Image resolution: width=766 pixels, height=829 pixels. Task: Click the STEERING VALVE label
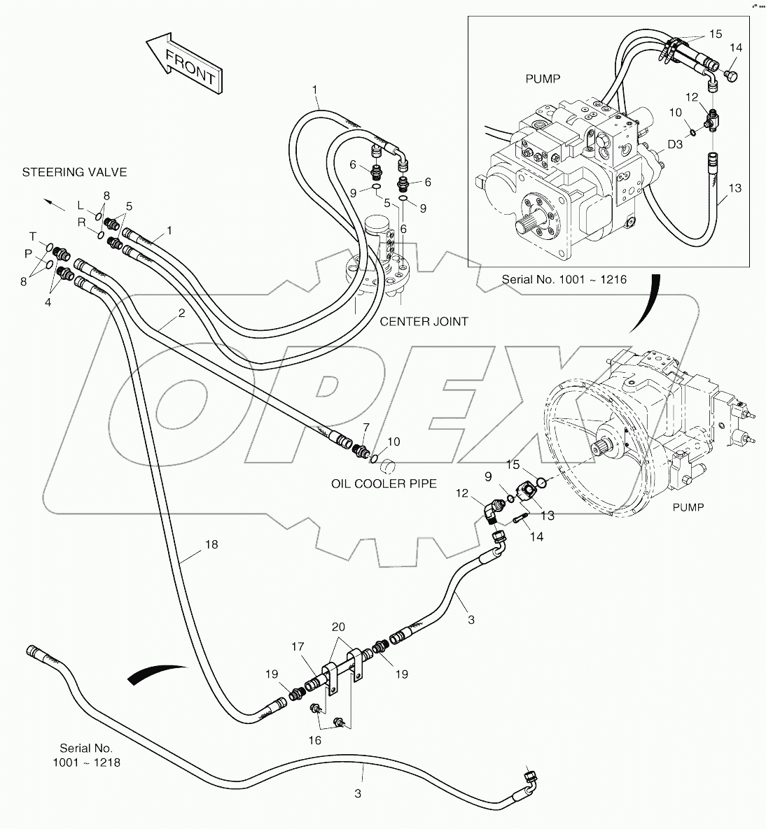(x=74, y=172)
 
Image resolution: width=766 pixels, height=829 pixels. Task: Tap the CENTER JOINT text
(x=424, y=322)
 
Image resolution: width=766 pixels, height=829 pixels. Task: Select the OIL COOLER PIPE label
(x=384, y=483)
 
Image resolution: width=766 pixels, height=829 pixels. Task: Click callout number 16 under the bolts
(x=315, y=740)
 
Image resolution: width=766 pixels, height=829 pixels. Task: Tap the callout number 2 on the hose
(x=181, y=313)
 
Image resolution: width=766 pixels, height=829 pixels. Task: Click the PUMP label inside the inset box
(x=543, y=79)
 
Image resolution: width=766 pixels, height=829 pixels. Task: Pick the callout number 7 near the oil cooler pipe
(x=365, y=427)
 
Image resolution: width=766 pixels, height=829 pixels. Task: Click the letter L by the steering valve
(x=81, y=205)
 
